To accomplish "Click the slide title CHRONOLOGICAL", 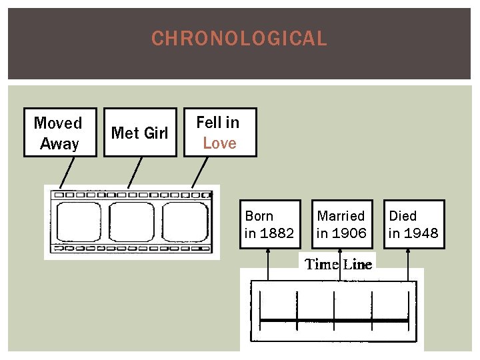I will coord(239,39).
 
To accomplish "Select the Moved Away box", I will coord(60,132).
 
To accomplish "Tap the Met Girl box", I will coord(140,132).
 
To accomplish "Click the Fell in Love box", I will coord(220,132).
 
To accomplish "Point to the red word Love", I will coord(220,143).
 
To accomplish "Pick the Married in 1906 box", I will coord(341,224).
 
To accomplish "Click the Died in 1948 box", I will coord(414,224).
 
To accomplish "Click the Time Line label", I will coord(339,264).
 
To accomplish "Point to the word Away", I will coord(60,143).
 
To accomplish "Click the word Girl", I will coord(155,133).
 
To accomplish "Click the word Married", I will coord(341,216).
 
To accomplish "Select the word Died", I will coord(403,216).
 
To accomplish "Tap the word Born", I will coord(259,216).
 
